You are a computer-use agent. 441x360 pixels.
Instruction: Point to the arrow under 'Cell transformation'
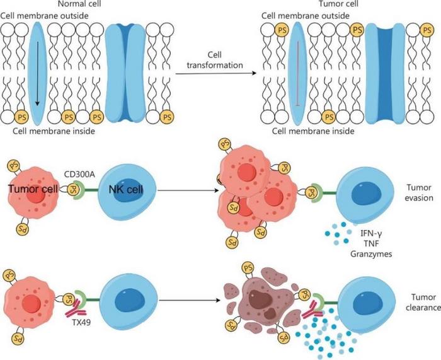coord(218,73)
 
